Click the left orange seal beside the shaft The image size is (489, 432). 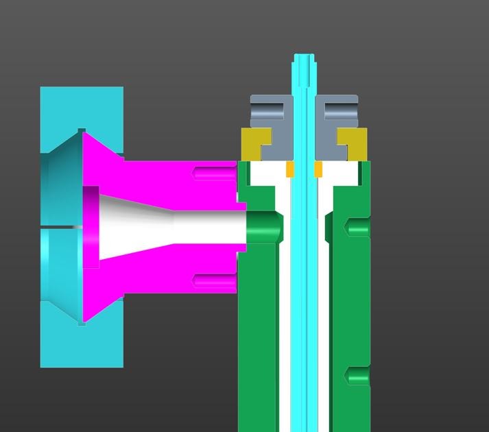[290, 169]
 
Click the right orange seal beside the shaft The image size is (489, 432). [318, 169]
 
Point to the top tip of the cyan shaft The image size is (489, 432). [304, 56]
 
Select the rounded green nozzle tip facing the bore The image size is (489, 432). [265, 227]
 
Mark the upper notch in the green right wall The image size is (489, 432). [357, 226]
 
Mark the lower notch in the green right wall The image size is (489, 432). [357, 376]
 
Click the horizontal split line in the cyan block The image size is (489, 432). [62, 226]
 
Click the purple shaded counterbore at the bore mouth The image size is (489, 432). [91, 226]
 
